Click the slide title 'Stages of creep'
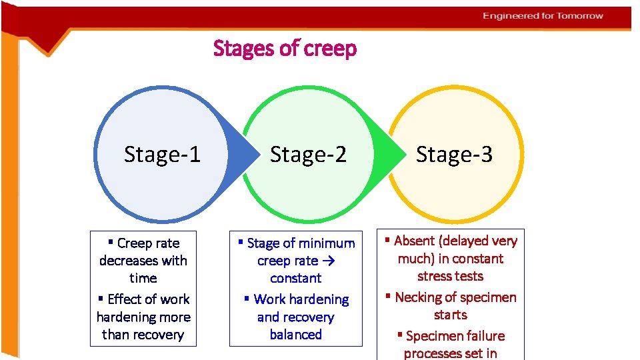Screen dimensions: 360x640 tap(285, 49)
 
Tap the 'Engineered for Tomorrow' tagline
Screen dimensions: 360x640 tap(543, 16)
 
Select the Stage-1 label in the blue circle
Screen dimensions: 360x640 tap(162, 155)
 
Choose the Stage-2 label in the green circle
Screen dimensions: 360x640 tap(308, 155)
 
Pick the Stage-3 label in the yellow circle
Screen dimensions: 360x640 tap(454, 155)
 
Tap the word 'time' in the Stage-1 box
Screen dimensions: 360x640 tap(143, 278)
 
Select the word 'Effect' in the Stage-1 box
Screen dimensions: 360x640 tap(128, 299)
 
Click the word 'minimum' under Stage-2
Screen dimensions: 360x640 tap(327, 243)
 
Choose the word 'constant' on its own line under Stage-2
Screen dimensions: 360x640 tap(296, 278)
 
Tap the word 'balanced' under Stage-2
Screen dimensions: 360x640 tap(296, 335)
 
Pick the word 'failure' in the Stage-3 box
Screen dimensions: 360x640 tap(481, 336)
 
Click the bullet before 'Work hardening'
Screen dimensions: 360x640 tap(247, 299)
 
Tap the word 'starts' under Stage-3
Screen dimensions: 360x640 tap(451, 315)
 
